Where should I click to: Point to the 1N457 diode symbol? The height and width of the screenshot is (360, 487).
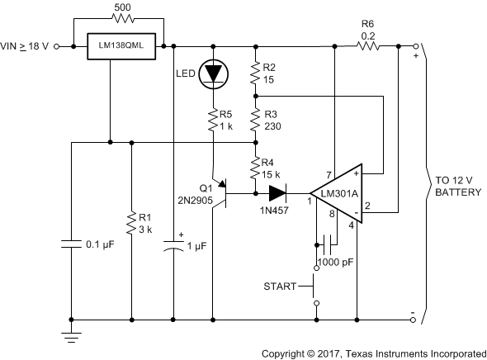point(275,194)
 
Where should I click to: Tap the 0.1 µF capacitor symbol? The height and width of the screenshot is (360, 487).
point(73,244)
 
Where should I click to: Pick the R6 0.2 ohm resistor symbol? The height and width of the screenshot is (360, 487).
point(366,46)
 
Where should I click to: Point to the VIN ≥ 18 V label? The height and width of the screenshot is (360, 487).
point(26,47)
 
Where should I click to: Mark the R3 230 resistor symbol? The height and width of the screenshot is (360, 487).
point(256,120)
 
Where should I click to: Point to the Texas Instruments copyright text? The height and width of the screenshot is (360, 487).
point(373,352)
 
